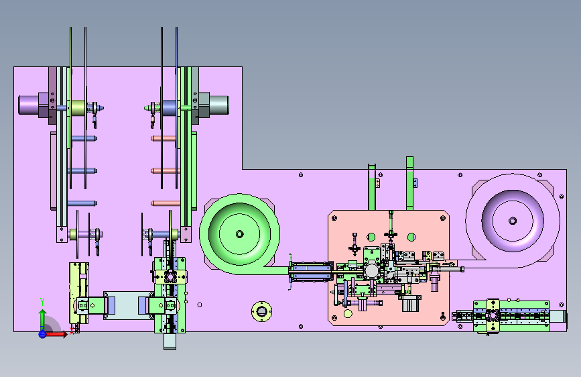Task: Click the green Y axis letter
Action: [42, 302]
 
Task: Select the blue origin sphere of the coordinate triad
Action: [42, 334]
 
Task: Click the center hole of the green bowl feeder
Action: [239, 233]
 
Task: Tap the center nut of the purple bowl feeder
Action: [513, 221]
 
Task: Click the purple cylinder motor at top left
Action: [29, 105]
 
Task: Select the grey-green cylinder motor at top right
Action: [218, 105]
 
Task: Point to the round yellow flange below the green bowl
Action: [261, 311]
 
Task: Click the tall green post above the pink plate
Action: [409, 183]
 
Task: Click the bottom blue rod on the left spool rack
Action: [82, 203]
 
